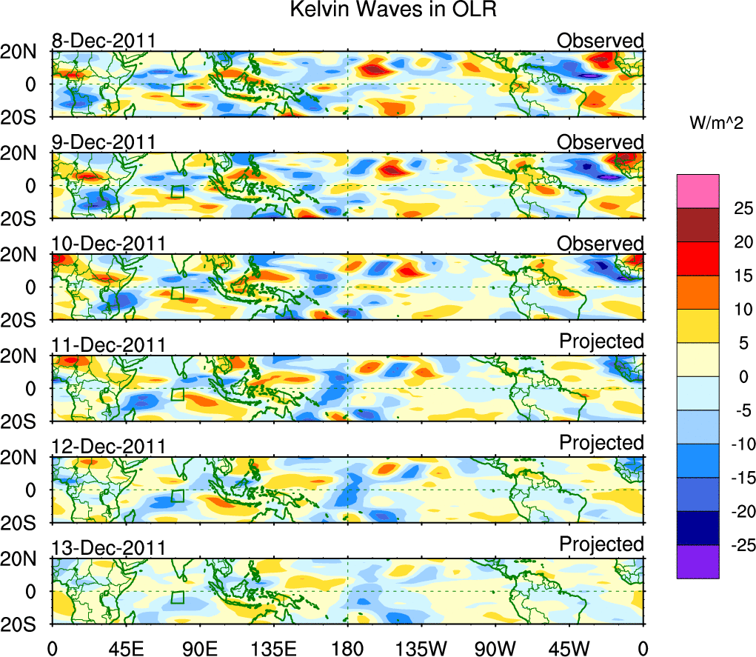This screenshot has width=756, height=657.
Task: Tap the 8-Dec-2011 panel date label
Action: pos(103,41)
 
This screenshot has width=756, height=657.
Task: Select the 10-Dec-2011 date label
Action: pos(108,244)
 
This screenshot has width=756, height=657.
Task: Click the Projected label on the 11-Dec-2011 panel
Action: pos(601,341)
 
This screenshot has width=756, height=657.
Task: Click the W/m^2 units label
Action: pos(717,124)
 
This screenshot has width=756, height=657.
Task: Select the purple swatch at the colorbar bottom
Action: pos(698,561)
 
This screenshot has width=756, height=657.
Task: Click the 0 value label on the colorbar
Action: pos(736,377)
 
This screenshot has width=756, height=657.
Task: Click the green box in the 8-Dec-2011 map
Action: pos(177,90)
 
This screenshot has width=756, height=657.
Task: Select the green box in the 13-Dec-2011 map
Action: pos(177,597)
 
